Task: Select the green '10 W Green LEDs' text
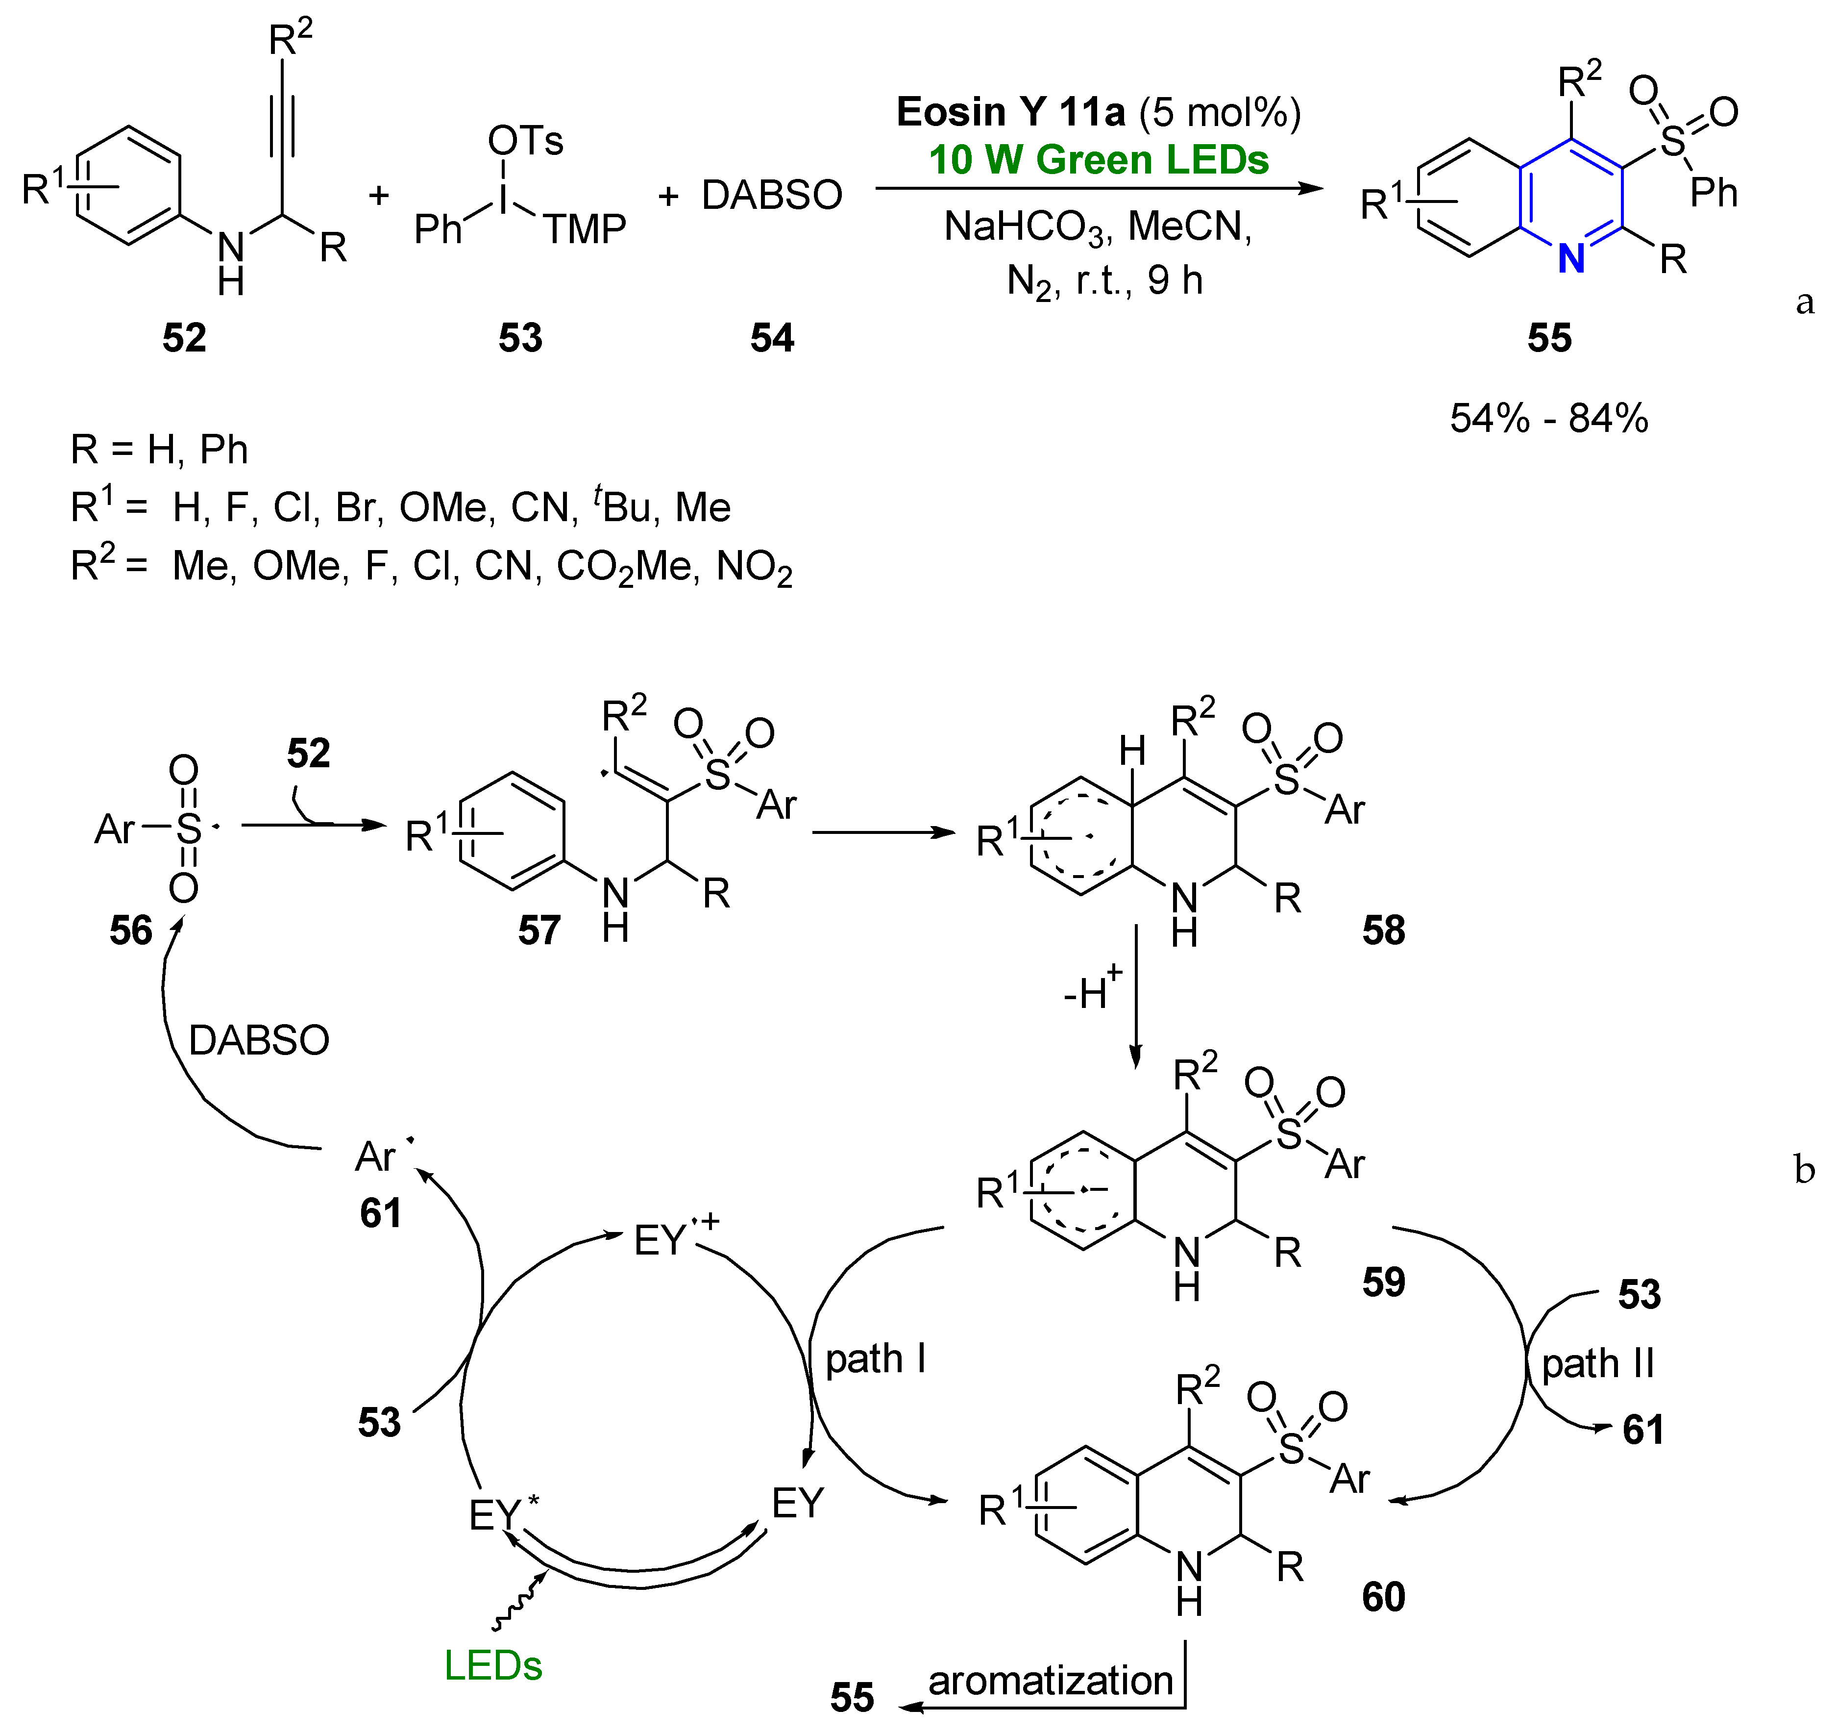pos(1098,160)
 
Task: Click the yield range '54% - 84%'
pos(1548,418)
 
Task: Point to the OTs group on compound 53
pos(525,141)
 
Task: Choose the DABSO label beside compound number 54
pos(772,195)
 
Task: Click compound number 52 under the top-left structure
pos(184,338)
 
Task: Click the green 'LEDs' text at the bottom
pos(493,1666)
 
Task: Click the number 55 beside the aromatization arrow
pos(852,1697)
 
